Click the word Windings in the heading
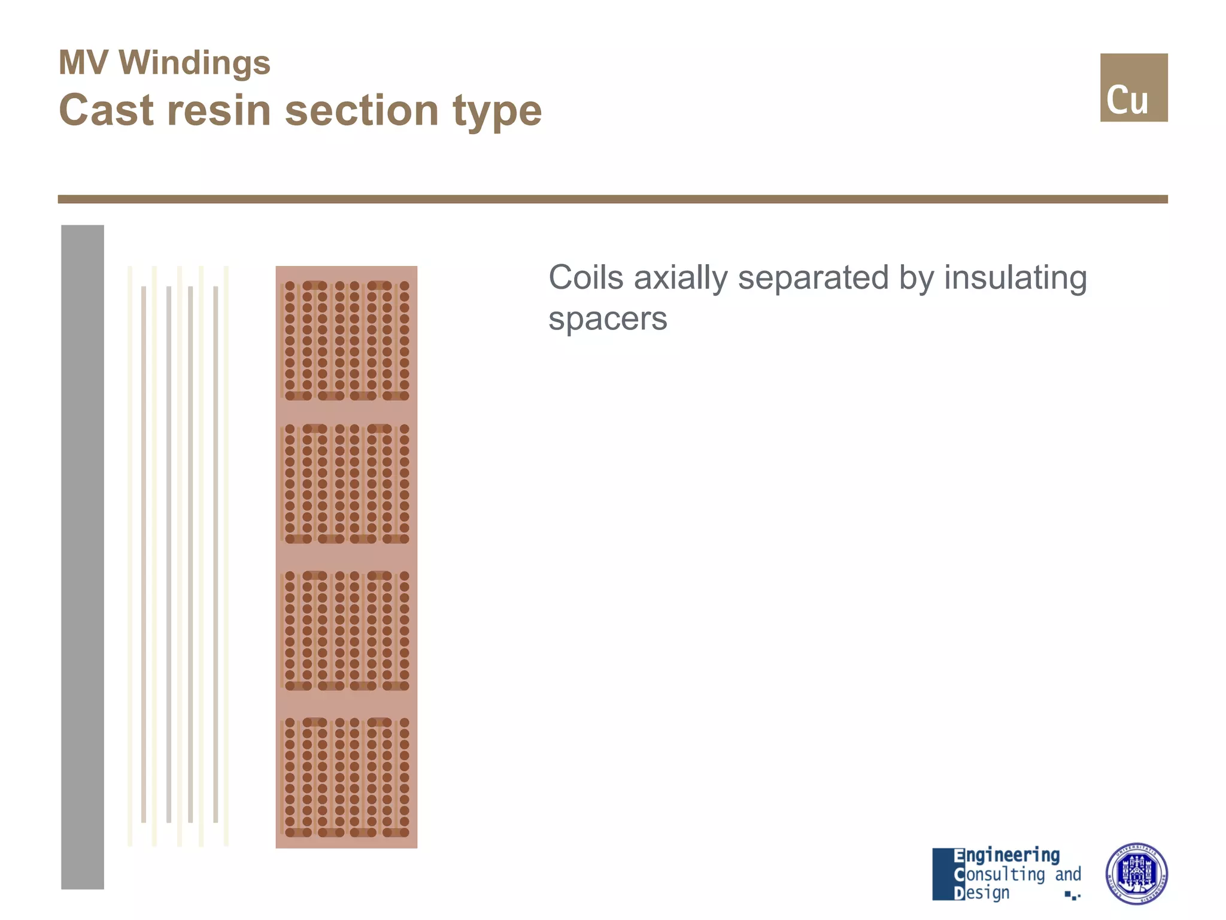tap(195, 63)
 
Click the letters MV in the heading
tap(83, 63)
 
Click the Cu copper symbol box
tap(1133, 87)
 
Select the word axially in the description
tap(681, 279)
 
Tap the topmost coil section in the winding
tap(347, 340)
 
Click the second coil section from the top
tap(347, 483)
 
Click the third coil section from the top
tap(347, 630)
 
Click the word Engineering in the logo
tap(1007, 855)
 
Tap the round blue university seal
tap(1136, 873)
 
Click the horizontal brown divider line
tap(612, 199)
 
